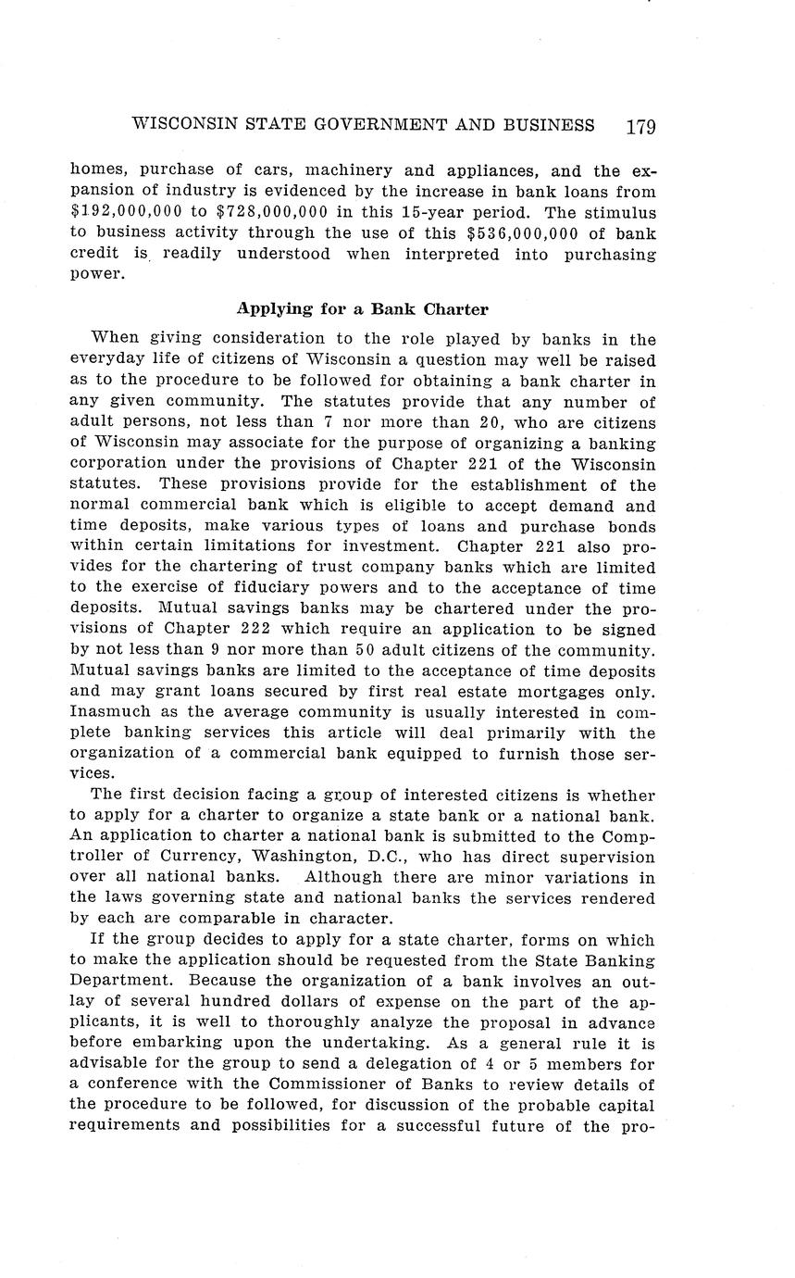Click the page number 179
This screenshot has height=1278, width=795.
tap(640, 126)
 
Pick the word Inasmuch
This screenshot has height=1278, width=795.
tap(112, 712)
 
